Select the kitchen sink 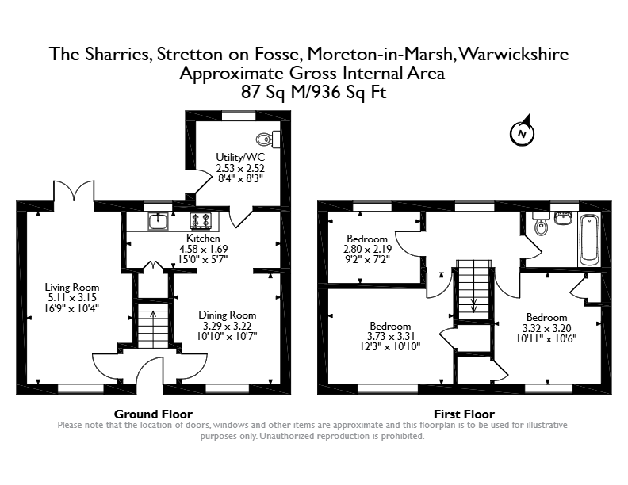pyautogui.click(x=159, y=221)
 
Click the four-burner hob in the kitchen pyautogui.click(x=201, y=221)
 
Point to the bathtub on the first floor pyautogui.click(x=589, y=240)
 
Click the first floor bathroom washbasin pyautogui.click(x=564, y=217)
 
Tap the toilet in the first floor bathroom pyautogui.click(x=541, y=223)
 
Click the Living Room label pyautogui.click(x=71, y=287)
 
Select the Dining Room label pyautogui.click(x=227, y=315)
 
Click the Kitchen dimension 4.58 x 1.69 pyautogui.click(x=204, y=249)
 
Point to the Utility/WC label pyautogui.click(x=240, y=157)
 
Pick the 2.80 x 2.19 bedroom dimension pyautogui.click(x=367, y=249)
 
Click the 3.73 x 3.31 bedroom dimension pyautogui.click(x=390, y=336)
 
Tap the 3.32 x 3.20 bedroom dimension pyautogui.click(x=546, y=328)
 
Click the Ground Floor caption pyautogui.click(x=153, y=414)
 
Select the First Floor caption pyautogui.click(x=464, y=414)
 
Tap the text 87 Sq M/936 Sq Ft pyautogui.click(x=313, y=93)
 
